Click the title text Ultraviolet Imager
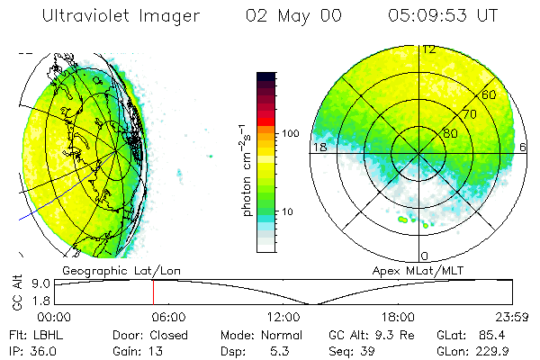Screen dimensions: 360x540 (x=123, y=16)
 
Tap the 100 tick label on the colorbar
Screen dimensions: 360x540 (x=291, y=133)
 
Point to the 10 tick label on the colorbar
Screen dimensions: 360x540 (x=289, y=211)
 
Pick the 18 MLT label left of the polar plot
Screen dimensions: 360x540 (x=318, y=147)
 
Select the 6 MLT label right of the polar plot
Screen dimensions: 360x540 (x=523, y=147)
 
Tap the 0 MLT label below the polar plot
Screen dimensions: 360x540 (x=425, y=256)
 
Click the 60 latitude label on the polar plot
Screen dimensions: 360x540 (x=489, y=94)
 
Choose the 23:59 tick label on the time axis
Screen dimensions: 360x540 (x=510, y=317)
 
